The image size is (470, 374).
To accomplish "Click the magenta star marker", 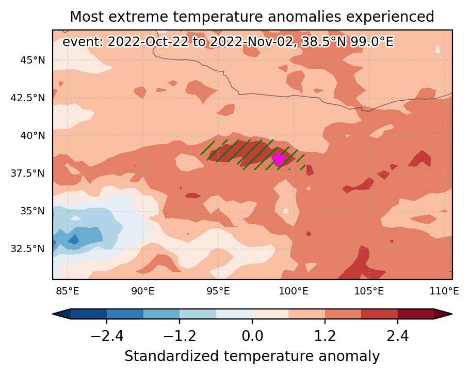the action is (x=279, y=159).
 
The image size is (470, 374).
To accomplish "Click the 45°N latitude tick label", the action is (x=33, y=60).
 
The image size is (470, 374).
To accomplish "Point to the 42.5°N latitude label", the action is (x=27, y=98).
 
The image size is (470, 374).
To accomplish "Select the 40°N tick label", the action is (x=33, y=136).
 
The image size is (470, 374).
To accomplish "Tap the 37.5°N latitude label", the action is (x=27, y=173).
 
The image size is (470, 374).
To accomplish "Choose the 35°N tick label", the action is (x=33, y=211).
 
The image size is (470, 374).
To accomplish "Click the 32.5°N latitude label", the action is (x=27, y=248).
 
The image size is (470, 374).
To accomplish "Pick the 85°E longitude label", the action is (x=68, y=291).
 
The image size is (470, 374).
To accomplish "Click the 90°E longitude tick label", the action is (x=143, y=291).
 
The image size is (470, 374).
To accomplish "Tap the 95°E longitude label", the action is (x=218, y=291).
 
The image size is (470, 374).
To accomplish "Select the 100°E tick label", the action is (x=294, y=291).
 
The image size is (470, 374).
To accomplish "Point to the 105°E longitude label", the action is (x=369, y=291).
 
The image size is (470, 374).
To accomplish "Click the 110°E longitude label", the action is (x=444, y=291).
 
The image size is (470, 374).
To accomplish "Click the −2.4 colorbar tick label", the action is (x=107, y=336).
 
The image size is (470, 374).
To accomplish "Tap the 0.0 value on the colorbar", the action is (x=252, y=336).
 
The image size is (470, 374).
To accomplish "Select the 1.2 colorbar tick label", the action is (x=325, y=336).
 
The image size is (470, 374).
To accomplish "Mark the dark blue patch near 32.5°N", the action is (x=74, y=240).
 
